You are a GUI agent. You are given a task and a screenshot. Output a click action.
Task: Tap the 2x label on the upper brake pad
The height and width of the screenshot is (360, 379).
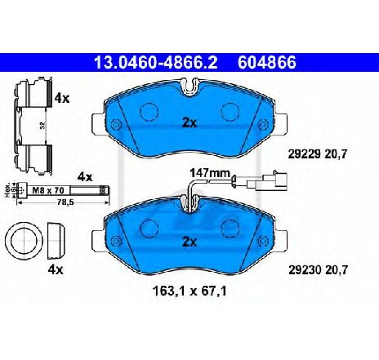pos(189,122)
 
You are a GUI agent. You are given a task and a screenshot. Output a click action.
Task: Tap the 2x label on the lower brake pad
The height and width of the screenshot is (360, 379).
pos(189,242)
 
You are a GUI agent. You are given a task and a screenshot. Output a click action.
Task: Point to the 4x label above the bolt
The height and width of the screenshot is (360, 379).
pos(86,177)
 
